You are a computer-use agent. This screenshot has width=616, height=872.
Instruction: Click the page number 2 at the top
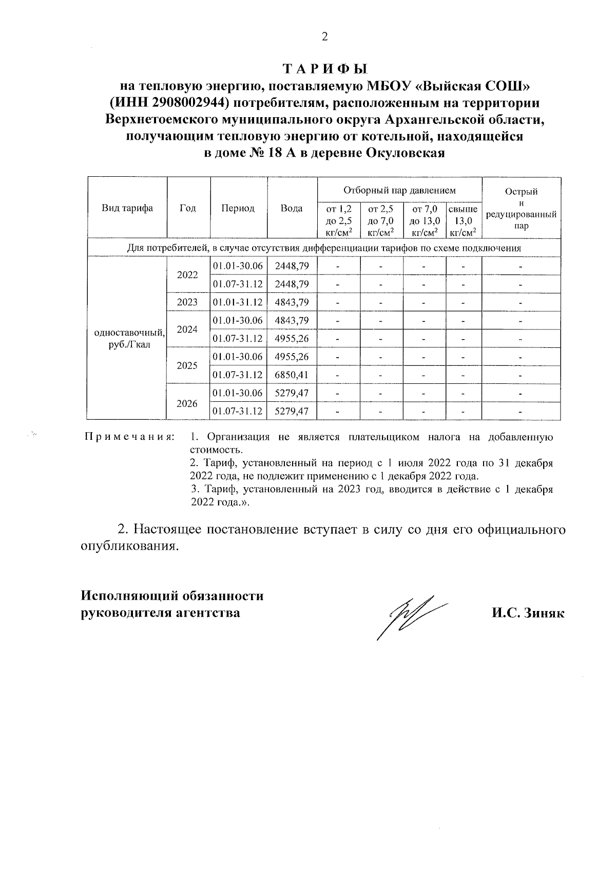[x=324, y=37]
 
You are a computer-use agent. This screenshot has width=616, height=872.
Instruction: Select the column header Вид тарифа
[x=127, y=208]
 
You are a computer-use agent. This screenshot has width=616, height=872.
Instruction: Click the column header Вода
[x=292, y=208]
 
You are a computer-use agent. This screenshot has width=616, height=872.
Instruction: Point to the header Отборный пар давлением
[x=399, y=191]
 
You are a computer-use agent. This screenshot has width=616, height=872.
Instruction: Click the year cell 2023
[x=187, y=302]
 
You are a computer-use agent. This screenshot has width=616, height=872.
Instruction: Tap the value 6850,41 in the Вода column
[x=292, y=375]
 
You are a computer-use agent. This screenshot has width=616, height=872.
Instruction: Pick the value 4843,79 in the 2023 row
[x=292, y=302]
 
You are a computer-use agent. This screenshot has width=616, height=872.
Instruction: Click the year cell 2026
[x=187, y=403]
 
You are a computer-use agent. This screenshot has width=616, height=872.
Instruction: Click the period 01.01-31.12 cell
[x=238, y=302]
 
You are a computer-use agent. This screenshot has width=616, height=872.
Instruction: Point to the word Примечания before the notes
[x=129, y=437]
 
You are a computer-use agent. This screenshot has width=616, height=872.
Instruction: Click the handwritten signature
[x=411, y=614]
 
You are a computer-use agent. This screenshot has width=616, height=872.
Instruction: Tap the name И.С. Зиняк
[x=527, y=613]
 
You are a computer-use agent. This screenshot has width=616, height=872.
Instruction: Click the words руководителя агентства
[x=160, y=613]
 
